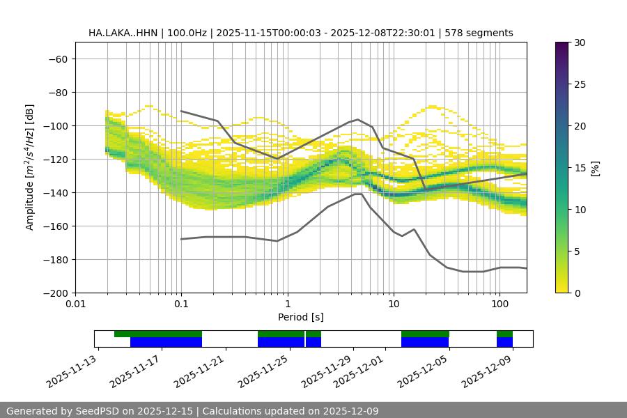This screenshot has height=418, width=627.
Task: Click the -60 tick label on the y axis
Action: pos(57,59)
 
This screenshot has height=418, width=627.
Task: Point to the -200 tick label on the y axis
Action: pos(54,293)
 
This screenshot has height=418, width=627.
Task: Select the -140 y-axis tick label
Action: pos(54,192)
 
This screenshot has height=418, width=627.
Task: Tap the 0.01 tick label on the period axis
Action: pos(75,304)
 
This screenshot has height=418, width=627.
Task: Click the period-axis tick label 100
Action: pos(499,304)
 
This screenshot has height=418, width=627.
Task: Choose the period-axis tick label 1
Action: pos(287,304)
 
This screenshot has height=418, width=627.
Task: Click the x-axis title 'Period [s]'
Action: pos(301,317)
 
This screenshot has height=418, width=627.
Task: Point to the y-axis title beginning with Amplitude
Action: pos(30,167)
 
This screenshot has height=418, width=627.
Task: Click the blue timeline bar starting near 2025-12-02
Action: pos(425,342)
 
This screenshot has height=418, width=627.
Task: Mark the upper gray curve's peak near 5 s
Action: pos(358,119)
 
